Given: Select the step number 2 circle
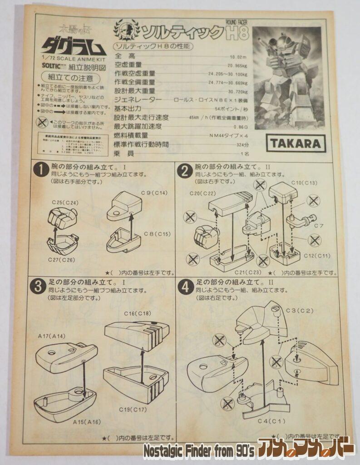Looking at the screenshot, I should pos(184,171).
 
